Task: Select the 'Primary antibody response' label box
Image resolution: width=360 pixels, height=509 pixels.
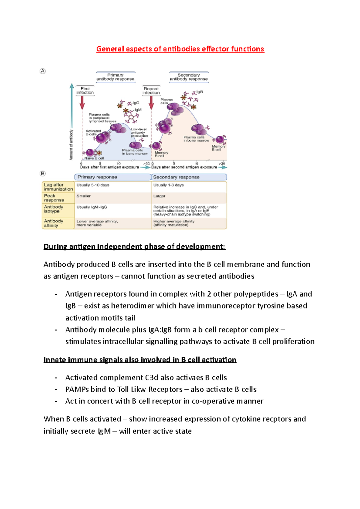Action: click(115, 77)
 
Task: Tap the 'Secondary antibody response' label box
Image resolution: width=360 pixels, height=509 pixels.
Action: click(189, 77)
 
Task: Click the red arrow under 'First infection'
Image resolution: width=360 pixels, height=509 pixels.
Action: click(82, 103)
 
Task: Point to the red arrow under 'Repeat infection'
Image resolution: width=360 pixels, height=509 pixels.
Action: click(151, 103)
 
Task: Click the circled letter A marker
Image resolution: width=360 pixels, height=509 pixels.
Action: click(43, 71)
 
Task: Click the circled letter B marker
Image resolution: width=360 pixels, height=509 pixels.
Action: click(43, 173)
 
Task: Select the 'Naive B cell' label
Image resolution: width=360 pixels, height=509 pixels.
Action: click(94, 158)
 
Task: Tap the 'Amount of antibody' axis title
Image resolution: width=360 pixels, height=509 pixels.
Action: click(71, 145)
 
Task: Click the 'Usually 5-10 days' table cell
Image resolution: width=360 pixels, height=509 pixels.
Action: click(93, 185)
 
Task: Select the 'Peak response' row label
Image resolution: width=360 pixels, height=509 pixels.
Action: click(54, 198)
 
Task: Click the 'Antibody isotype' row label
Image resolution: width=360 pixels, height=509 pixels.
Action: click(54, 209)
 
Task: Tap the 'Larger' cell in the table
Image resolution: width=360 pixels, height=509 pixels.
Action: click(159, 196)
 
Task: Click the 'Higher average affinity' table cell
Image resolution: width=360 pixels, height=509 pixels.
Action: click(174, 223)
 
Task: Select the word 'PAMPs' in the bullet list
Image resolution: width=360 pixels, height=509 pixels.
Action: click(77, 389)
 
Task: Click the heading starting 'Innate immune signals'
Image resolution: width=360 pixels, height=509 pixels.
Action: click(140, 360)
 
